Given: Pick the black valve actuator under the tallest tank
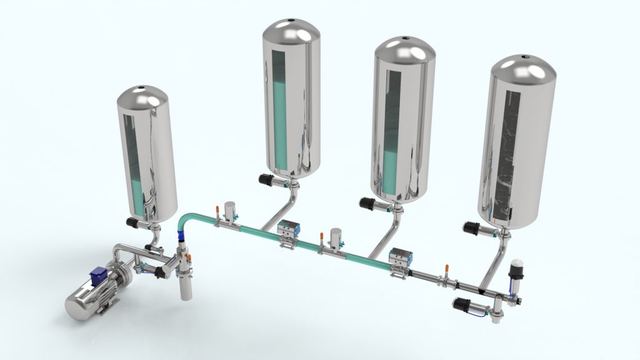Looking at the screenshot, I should [x=270, y=179].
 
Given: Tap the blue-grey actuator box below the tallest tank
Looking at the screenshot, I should [x=289, y=229].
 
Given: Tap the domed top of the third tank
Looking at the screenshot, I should [x=404, y=50].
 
